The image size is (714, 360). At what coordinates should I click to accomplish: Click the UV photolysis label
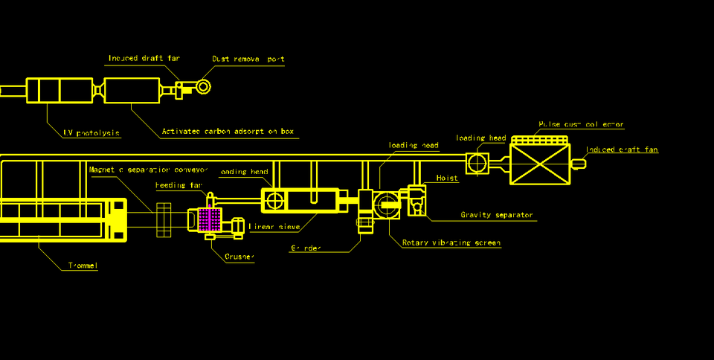[91, 133]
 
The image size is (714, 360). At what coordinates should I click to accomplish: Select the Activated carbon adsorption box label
[228, 132]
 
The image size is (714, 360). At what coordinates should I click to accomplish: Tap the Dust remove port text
[248, 59]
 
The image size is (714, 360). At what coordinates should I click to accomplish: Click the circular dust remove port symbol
[203, 87]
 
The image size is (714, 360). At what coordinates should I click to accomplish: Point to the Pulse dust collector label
[581, 124]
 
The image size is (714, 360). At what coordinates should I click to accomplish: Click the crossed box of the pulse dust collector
[540, 164]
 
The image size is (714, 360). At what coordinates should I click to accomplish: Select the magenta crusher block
[210, 219]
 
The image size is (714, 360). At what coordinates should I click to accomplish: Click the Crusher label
[239, 257]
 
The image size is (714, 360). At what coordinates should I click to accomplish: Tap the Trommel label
[83, 266]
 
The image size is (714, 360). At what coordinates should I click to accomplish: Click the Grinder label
[306, 248]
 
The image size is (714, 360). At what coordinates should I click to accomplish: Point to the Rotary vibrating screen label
[451, 242]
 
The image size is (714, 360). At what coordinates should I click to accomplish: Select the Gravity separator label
[496, 215]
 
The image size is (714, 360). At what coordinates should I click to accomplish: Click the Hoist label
[446, 179]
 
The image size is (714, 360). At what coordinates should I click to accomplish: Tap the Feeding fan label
[178, 185]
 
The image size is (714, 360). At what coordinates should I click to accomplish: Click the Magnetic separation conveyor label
[148, 170]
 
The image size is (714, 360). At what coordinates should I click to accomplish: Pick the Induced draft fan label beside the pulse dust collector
[622, 150]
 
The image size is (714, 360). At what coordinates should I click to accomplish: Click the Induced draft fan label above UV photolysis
[144, 58]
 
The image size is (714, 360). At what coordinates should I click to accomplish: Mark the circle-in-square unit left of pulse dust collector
[477, 163]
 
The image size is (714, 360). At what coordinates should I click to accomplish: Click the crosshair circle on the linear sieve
[275, 200]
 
